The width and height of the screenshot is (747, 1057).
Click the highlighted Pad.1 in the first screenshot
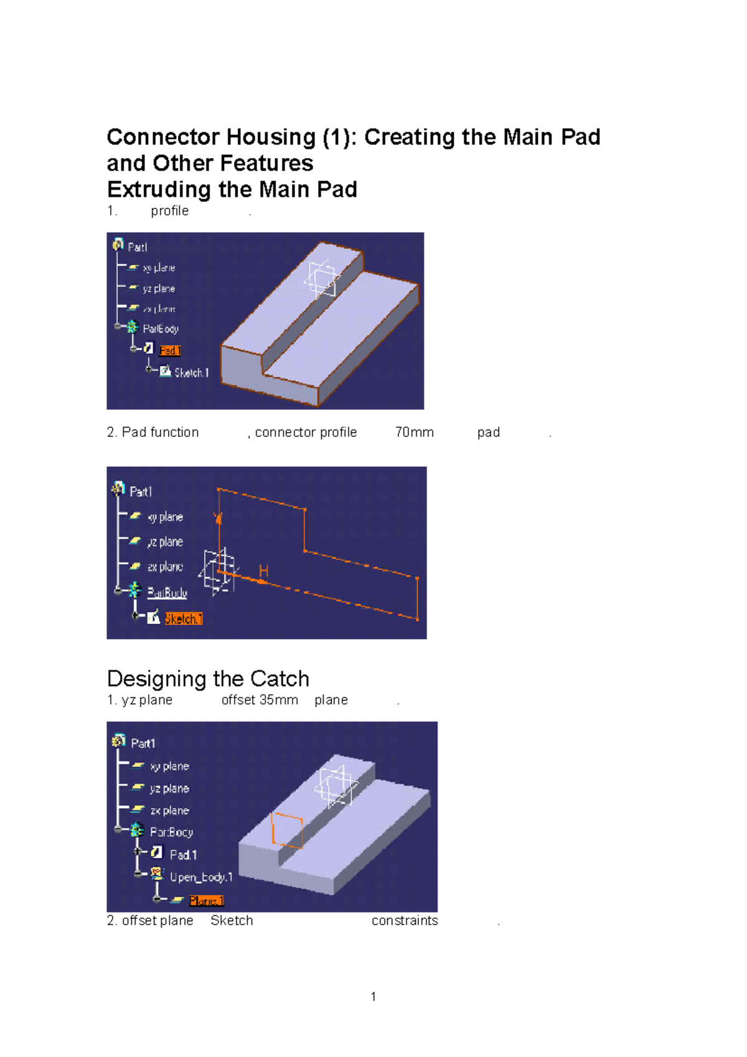point(169,350)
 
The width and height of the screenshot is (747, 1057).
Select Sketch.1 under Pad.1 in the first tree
point(190,372)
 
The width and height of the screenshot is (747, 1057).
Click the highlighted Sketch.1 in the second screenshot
point(184,618)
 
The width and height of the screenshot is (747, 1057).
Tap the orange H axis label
point(263,571)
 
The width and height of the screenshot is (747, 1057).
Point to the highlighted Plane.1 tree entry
point(206,900)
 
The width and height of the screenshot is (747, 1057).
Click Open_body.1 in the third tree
point(200,876)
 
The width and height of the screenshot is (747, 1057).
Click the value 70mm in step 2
point(414,432)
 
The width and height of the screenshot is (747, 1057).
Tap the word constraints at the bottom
point(405,920)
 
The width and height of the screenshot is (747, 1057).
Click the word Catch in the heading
point(280,678)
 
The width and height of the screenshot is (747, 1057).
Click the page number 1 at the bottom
point(373,997)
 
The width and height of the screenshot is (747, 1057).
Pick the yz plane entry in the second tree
point(165,542)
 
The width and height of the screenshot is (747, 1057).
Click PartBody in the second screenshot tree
point(167,592)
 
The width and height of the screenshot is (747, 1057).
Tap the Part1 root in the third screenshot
point(143,743)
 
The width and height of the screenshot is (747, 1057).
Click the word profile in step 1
point(169,210)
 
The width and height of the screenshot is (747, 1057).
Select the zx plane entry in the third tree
point(169,810)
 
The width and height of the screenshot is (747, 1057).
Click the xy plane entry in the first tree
point(159,268)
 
